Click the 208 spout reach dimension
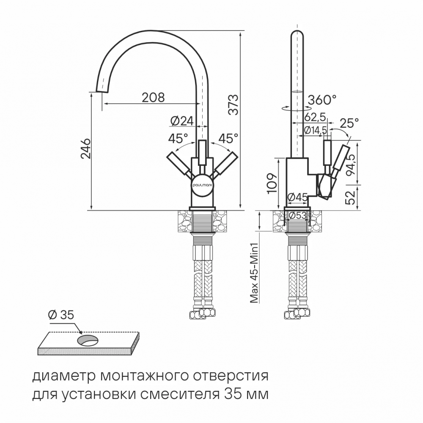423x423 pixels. point(153,97)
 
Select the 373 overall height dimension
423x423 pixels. point(233,104)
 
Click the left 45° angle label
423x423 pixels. point(178,139)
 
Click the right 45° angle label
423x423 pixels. point(228,139)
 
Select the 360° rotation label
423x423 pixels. point(322,100)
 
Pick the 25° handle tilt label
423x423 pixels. point(349,124)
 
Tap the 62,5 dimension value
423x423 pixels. point(315,117)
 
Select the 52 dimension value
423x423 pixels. point(351,197)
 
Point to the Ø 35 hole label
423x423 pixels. point(61,315)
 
